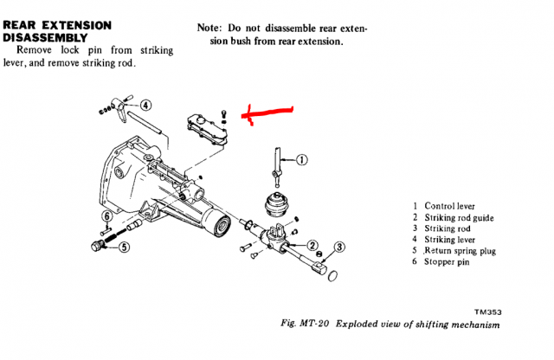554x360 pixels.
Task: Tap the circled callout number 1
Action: pyautogui.click(x=301, y=159)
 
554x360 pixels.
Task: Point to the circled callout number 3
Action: pyautogui.click(x=339, y=247)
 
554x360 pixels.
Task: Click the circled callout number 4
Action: pyautogui.click(x=145, y=106)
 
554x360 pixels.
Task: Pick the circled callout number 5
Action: pyautogui.click(x=125, y=247)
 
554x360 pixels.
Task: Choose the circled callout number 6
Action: pyautogui.click(x=107, y=216)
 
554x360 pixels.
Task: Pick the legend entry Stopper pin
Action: pyautogui.click(x=450, y=262)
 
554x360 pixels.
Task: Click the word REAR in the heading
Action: pyautogui.click(x=23, y=25)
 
